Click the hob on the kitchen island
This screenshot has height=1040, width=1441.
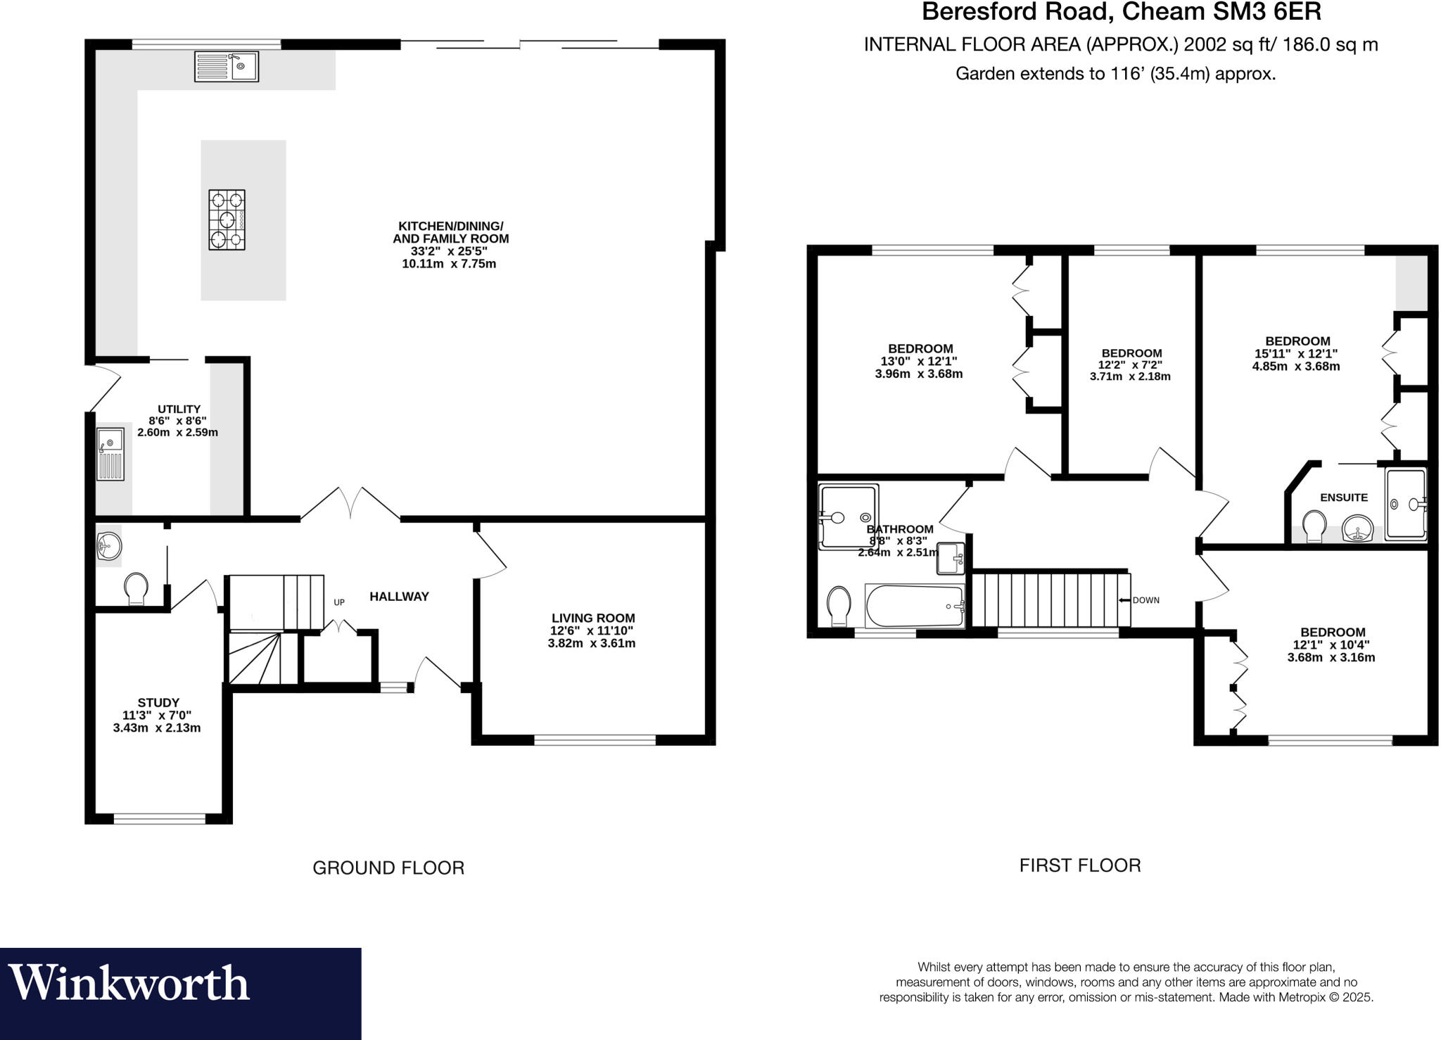point(227,220)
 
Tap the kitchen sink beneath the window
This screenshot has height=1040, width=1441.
point(227,66)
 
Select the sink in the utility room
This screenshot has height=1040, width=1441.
point(110,453)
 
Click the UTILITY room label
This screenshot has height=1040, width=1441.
point(179,409)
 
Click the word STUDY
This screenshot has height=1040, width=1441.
point(158,702)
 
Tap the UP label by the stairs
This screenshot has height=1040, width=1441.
point(339,602)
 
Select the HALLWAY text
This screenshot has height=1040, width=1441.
point(399,597)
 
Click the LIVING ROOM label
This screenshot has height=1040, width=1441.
point(592,618)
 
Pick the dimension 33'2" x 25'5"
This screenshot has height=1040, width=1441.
point(449,251)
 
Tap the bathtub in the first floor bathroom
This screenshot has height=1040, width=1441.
point(914,605)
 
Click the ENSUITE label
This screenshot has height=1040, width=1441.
point(1343,497)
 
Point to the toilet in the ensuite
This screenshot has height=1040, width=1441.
point(1314,526)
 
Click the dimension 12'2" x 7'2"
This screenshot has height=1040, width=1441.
point(1131,365)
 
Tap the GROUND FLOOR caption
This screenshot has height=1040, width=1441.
point(388,868)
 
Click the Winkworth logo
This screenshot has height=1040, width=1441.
point(129,983)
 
